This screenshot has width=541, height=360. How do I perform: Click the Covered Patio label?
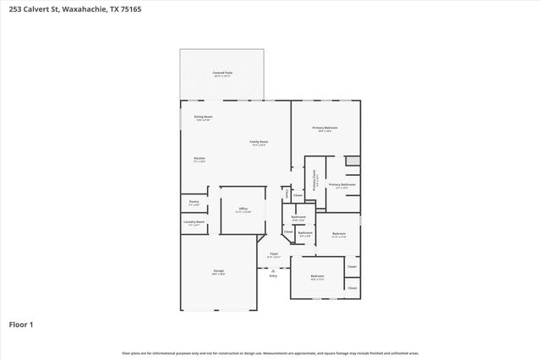point(222,74)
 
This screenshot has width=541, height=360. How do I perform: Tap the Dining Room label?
point(203,117)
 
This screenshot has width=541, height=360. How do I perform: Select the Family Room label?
point(259,142)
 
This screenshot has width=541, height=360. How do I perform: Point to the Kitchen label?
point(199,159)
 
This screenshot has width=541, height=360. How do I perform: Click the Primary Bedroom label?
point(325,128)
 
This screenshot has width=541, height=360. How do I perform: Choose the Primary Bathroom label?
point(342,185)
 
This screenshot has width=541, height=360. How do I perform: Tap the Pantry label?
point(194,202)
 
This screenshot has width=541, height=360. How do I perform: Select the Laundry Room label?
point(194,222)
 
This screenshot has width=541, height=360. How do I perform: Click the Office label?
point(242,209)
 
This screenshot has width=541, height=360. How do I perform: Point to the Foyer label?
point(274,254)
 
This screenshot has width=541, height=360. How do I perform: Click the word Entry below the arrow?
point(273,275)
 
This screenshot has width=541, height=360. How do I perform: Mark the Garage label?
point(218,271)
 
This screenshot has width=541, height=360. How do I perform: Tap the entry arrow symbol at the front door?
point(273,269)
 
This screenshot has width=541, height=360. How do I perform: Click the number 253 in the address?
point(16,9)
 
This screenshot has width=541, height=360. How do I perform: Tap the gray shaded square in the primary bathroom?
point(352,161)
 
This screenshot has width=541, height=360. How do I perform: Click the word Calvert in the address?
point(41,9)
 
